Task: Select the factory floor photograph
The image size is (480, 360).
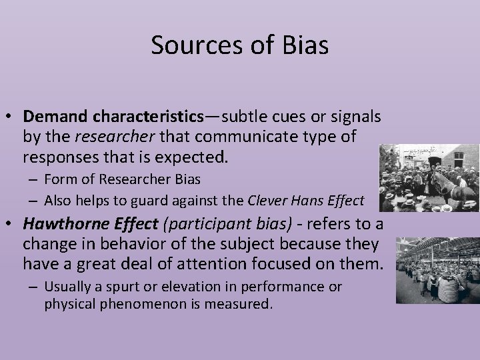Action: click(x=437, y=269)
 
